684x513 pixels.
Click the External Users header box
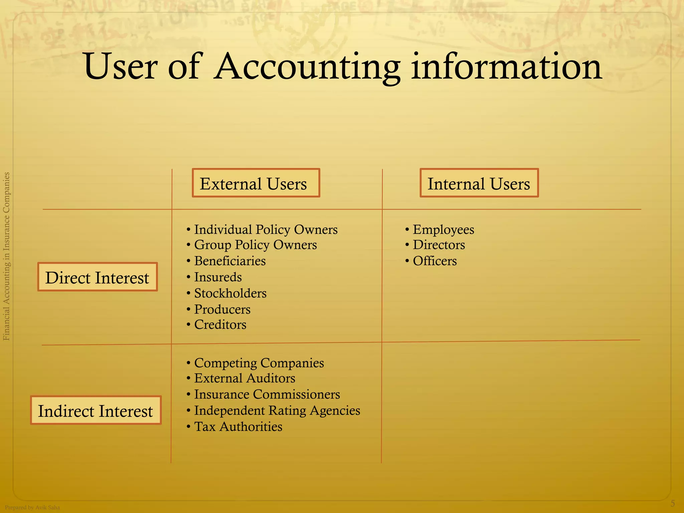pyautogui.click(x=256, y=183)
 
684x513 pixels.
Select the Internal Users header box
pyautogui.click(x=479, y=183)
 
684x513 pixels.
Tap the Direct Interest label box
pyautogui.click(x=97, y=277)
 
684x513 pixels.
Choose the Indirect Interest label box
pyautogui.click(x=96, y=410)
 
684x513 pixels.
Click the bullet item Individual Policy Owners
pyautogui.click(x=266, y=230)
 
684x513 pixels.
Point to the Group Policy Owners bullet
pyautogui.click(x=255, y=245)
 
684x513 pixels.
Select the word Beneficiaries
pyautogui.click(x=230, y=261)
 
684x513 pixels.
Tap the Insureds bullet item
pyautogui.click(x=218, y=277)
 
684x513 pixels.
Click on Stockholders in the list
pyautogui.click(x=230, y=293)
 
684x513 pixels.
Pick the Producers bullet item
pyautogui.click(x=222, y=309)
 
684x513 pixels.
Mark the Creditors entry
pyautogui.click(x=220, y=325)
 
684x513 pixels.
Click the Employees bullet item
pyautogui.click(x=443, y=230)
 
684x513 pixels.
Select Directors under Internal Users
pyautogui.click(x=439, y=245)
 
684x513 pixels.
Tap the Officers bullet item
pyautogui.click(x=435, y=261)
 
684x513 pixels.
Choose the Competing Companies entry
pyautogui.click(x=259, y=363)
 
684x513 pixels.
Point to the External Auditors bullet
pyautogui.click(x=244, y=378)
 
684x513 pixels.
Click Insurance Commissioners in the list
pyautogui.click(x=267, y=394)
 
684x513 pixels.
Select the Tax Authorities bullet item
pyautogui.click(x=238, y=427)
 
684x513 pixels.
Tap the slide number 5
pyautogui.click(x=673, y=503)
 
